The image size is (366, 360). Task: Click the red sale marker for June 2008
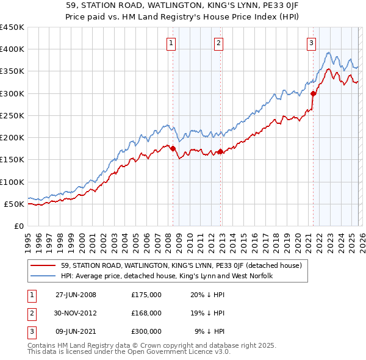tap(173, 148)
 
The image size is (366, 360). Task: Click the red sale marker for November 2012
tap(220, 151)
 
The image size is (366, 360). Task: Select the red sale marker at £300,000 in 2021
tap(313, 93)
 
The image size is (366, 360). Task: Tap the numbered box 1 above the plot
tap(171, 43)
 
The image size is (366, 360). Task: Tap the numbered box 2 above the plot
tap(218, 43)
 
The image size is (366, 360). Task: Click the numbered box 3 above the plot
tap(311, 43)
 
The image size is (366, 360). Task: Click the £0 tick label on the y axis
tap(20, 226)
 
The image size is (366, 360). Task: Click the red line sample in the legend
tap(44, 265)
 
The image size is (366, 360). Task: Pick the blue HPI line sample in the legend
tap(44, 276)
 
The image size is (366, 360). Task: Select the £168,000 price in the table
tap(146, 313)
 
